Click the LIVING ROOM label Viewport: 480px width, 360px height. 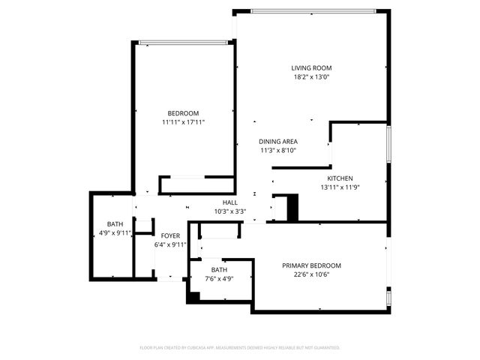pyautogui.click(x=311, y=68)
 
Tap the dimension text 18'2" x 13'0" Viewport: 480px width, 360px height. pyautogui.click(x=311, y=76)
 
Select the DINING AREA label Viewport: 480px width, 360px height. pyautogui.click(x=278, y=142)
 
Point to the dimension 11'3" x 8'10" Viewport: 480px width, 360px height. pyautogui.click(x=278, y=150)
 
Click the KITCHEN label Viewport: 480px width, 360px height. pyautogui.click(x=340, y=178)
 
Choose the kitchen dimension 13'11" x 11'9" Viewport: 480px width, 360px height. pyautogui.click(x=340, y=187)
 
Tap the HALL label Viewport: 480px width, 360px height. pyautogui.click(x=230, y=202)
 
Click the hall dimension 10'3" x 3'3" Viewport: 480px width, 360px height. pyautogui.click(x=230, y=211)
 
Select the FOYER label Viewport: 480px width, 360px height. pyautogui.click(x=170, y=236)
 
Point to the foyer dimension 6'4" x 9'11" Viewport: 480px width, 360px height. pyautogui.click(x=170, y=244)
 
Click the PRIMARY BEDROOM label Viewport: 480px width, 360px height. pyautogui.click(x=311, y=265)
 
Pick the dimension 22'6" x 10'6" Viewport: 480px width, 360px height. pyautogui.click(x=311, y=274)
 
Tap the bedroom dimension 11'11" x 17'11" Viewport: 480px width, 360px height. pyautogui.click(x=183, y=121)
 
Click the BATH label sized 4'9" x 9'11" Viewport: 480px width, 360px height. pyautogui.click(x=115, y=224)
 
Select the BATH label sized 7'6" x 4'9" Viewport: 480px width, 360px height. pyautogui.click(x=219, y=270)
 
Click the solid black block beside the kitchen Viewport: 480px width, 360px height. pyautogui.click(x=292, y=208)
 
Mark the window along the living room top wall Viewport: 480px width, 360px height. pyautogui.click(x=313, y=10)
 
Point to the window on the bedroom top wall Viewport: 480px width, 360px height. pyautogui.click(x=183, y=42)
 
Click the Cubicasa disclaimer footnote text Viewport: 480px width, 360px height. pyautogui.click(x=240, y=347)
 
